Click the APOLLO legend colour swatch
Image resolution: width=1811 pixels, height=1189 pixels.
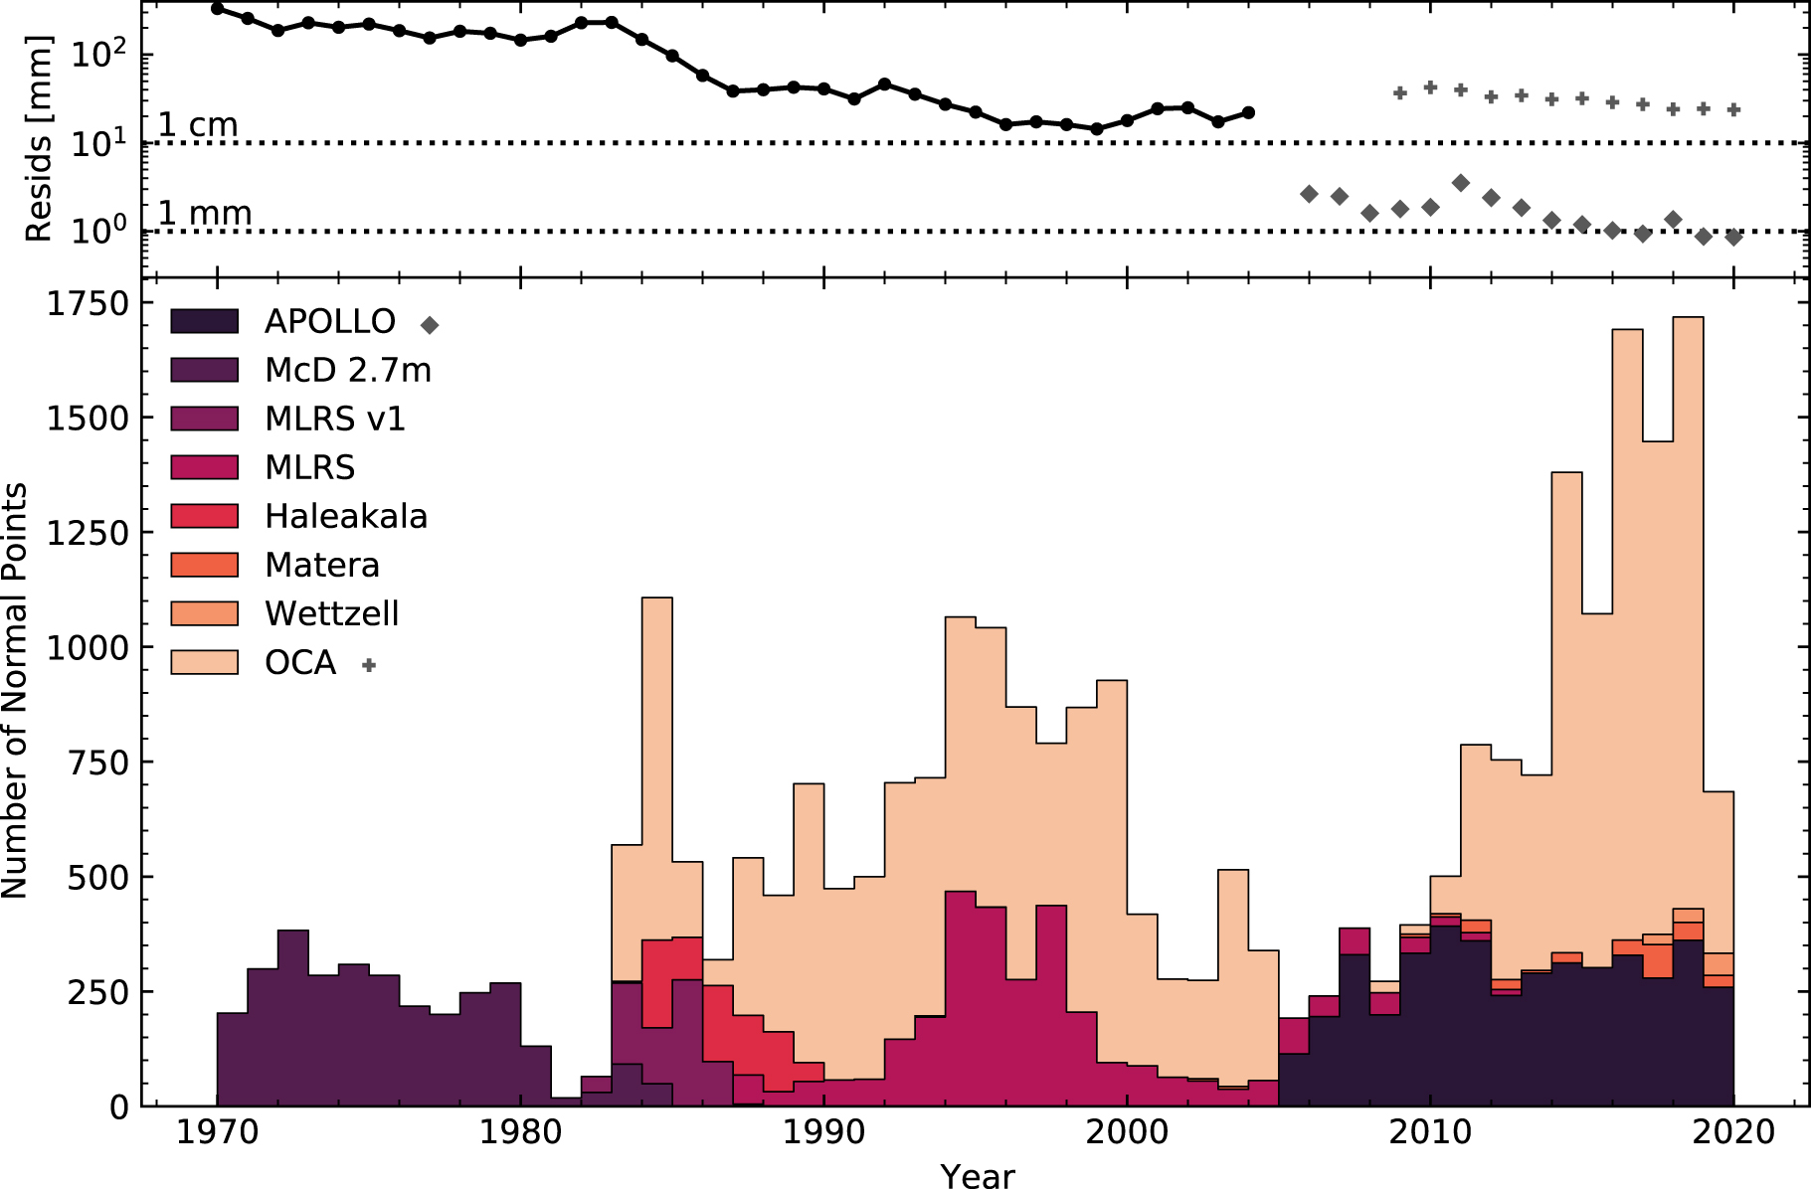pos(204,321)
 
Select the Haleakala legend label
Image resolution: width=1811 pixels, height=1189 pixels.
pos(346,517)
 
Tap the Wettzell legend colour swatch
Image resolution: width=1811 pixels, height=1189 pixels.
pos(204,613)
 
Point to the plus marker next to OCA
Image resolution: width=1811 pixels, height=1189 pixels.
pos(369,665)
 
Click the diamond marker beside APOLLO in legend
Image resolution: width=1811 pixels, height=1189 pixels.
pos(430,325)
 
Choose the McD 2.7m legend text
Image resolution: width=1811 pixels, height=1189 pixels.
pos(348,371)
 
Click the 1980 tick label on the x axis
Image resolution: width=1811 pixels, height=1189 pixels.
pos(520,1132)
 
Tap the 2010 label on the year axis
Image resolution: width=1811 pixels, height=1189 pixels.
pos(1430,1132)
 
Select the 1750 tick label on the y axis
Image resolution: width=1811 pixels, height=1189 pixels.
pos(89,304)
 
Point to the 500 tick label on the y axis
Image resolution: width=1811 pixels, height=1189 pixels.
pos(98,878)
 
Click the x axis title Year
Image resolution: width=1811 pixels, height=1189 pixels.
pos(978,1175)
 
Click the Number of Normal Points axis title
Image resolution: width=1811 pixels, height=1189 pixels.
pos(15,691)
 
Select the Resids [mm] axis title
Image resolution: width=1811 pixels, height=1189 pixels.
pos(38,139)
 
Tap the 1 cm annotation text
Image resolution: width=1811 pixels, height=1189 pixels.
pos(198,125)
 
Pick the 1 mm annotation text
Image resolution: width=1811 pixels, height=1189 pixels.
pos(204,213)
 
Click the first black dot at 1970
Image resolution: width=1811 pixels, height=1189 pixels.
pos(218,9)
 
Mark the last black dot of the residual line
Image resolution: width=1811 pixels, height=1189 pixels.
pos(1248,112)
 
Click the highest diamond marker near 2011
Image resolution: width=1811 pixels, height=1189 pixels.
pos(1460,183)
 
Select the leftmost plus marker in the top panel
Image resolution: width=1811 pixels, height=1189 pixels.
pos(1400,92)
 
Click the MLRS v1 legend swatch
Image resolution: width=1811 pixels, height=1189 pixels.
pos(204,419)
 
